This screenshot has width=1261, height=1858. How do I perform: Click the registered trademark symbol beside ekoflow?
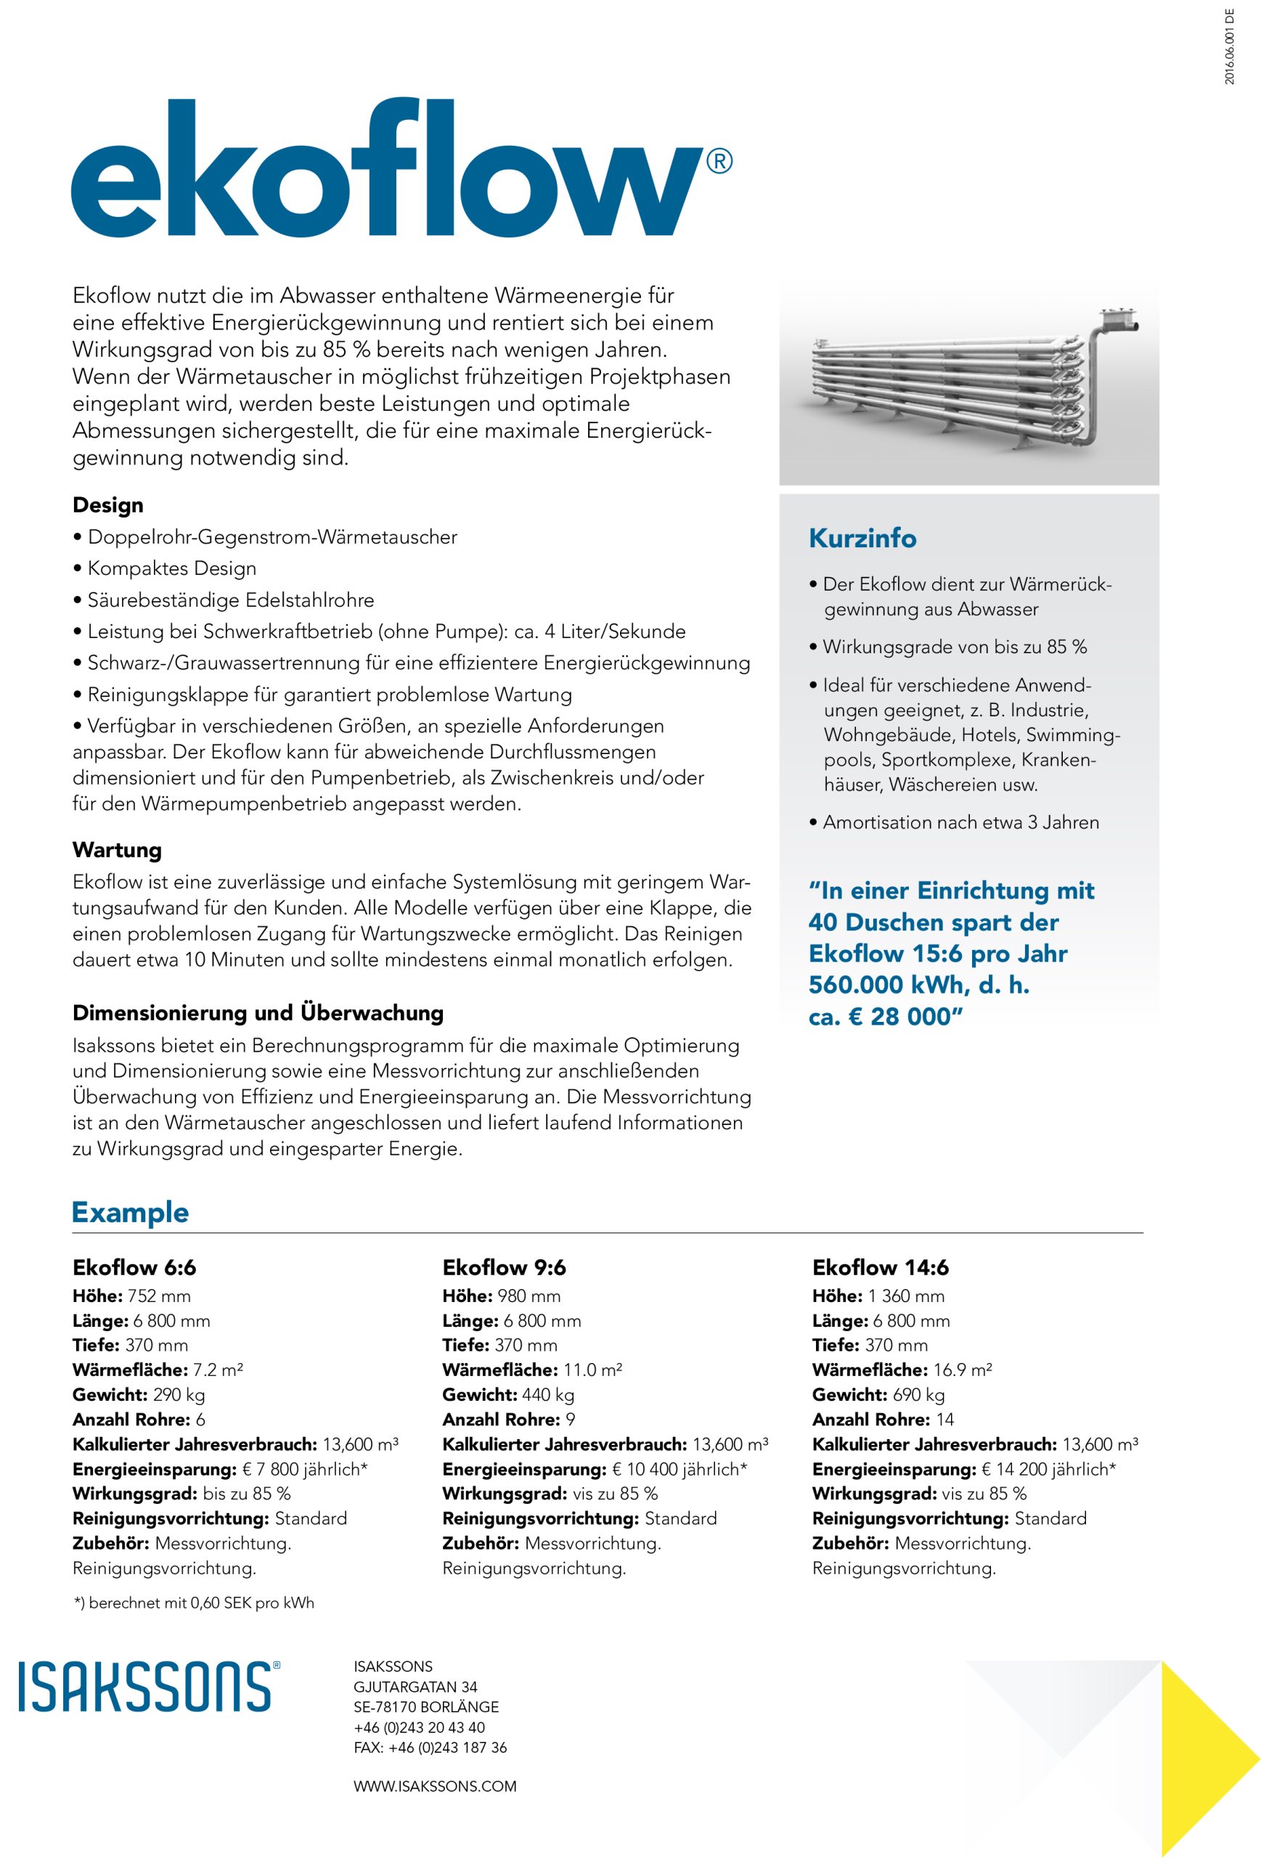[719, 162]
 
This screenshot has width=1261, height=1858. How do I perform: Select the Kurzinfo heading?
[862, 538]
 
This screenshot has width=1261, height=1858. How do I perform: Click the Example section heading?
[131, 1212]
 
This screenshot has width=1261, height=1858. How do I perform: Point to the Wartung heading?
[117, 849]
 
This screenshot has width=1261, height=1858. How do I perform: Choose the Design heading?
[108, 505]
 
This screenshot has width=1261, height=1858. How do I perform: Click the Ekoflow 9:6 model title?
[504, 1267]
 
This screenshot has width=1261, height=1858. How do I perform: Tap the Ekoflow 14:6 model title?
[880, 1267]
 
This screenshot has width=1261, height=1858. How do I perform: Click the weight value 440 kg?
[547, 1395]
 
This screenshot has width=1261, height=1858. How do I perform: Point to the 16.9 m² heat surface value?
[962, 1370]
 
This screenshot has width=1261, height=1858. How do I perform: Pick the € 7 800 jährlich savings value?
[305, 1470]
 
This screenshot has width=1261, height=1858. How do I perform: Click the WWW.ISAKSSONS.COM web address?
[435, 1802]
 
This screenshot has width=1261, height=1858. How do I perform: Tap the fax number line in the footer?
[430, 1747]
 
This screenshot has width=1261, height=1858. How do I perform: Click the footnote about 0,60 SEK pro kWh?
[194, 1603]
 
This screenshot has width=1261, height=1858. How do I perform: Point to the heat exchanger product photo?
[968, 384]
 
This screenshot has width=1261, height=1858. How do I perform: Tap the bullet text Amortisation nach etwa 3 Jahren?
[960, 822]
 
